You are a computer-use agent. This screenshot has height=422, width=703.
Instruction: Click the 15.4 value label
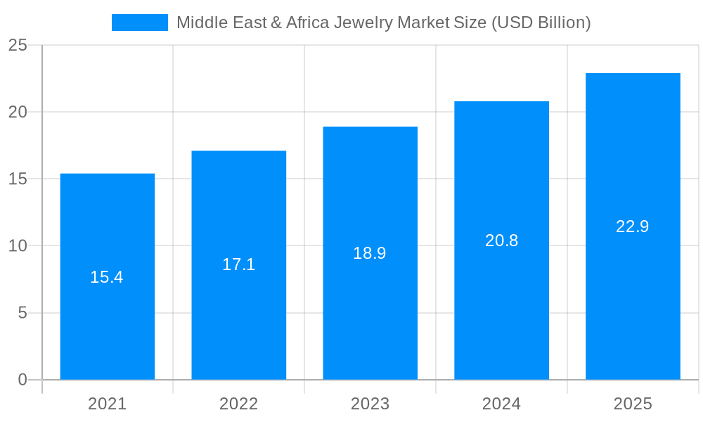coord(107,277)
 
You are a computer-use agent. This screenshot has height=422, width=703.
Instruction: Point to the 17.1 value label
coord(239,264)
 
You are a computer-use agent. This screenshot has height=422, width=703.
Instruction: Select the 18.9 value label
coord(370,253)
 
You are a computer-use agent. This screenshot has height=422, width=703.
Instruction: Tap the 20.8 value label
coord(501,241)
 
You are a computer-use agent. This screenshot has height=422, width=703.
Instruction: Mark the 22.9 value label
coord(633,226)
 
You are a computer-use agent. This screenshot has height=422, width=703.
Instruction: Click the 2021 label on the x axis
coord(108,404)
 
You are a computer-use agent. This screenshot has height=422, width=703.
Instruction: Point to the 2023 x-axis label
coord(370,404)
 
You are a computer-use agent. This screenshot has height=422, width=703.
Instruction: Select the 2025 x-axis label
coord(633,404)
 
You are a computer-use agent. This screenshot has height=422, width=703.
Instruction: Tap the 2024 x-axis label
coord(501,404)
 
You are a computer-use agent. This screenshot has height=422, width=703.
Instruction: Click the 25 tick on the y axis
coord(18,46)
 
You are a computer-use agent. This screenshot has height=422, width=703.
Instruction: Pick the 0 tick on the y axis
coord(22,380)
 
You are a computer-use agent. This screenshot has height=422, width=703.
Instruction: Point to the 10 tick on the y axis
coord(18,246)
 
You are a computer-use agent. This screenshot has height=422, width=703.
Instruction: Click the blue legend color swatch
coord(140,23)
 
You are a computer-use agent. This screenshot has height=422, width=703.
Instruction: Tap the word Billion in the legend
coord(558,23)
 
